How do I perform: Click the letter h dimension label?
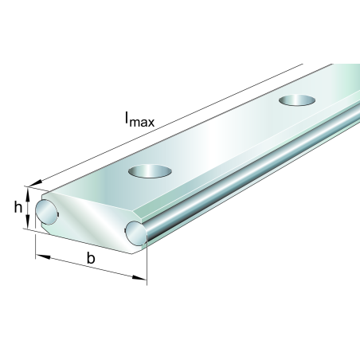click(x=18, y=207)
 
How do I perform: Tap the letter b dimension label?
click(x=91, y=258)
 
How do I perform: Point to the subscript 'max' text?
click(x=142, y=122)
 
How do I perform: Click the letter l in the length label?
click(x=127, y=118)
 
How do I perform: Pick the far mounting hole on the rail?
click(x=297, y=100)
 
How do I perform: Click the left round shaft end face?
click(x=46, y=213)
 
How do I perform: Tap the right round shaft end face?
click(x=136, y=233)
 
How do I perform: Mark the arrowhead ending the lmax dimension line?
click(x=35, y=183)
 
